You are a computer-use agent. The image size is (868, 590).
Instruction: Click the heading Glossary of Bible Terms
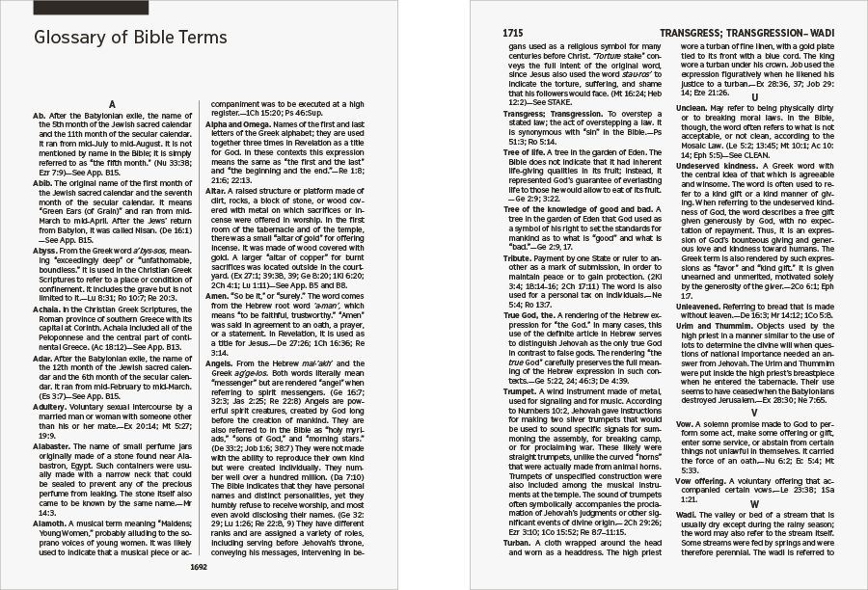point(130,39)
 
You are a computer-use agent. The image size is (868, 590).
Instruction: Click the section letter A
point(114,103)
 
